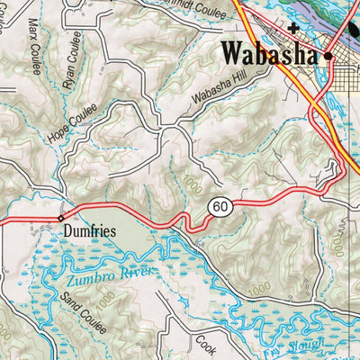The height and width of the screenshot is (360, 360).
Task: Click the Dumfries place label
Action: coord(91,231)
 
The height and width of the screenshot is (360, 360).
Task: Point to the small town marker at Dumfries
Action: coord(61,218)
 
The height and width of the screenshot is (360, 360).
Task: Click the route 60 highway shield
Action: coord(220,207)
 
